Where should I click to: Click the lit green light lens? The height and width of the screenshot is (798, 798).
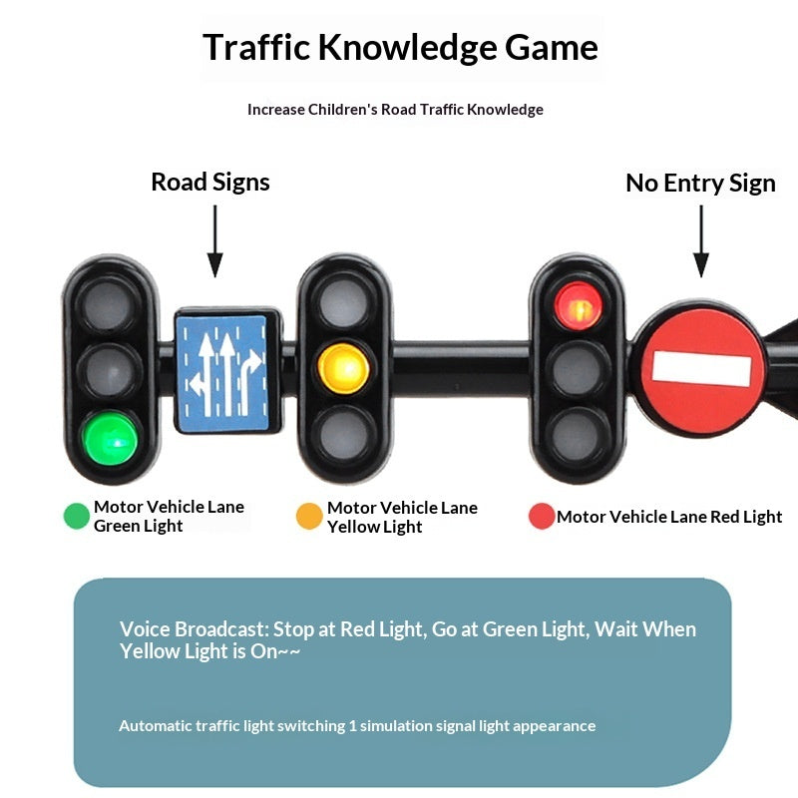click(111, 439)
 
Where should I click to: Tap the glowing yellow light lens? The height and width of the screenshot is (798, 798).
click(343, 368)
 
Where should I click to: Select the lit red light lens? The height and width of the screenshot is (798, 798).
click(579, 306)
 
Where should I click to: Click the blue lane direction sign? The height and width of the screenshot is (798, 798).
click(221, 373)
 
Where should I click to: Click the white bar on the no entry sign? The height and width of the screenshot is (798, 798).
click(701, 368)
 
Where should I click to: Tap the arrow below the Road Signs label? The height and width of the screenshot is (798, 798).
click(214, 241)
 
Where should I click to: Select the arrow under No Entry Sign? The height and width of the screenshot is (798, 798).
click(701, 241)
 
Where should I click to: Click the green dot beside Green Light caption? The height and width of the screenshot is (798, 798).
click(77, 516)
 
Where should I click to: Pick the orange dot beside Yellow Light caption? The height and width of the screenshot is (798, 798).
click(309, 516)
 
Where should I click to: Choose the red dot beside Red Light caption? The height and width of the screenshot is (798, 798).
click(542, 516)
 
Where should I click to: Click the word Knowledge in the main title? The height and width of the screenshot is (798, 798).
click(408, 48)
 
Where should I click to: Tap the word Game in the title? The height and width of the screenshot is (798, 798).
click(552, 47)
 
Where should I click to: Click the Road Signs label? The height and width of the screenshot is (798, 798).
click(210, 183)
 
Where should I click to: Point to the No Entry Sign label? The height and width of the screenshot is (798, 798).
click(700, 184)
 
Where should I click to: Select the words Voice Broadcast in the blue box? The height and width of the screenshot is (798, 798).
click(194, 629)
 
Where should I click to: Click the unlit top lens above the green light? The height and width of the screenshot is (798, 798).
click(109, 305)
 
